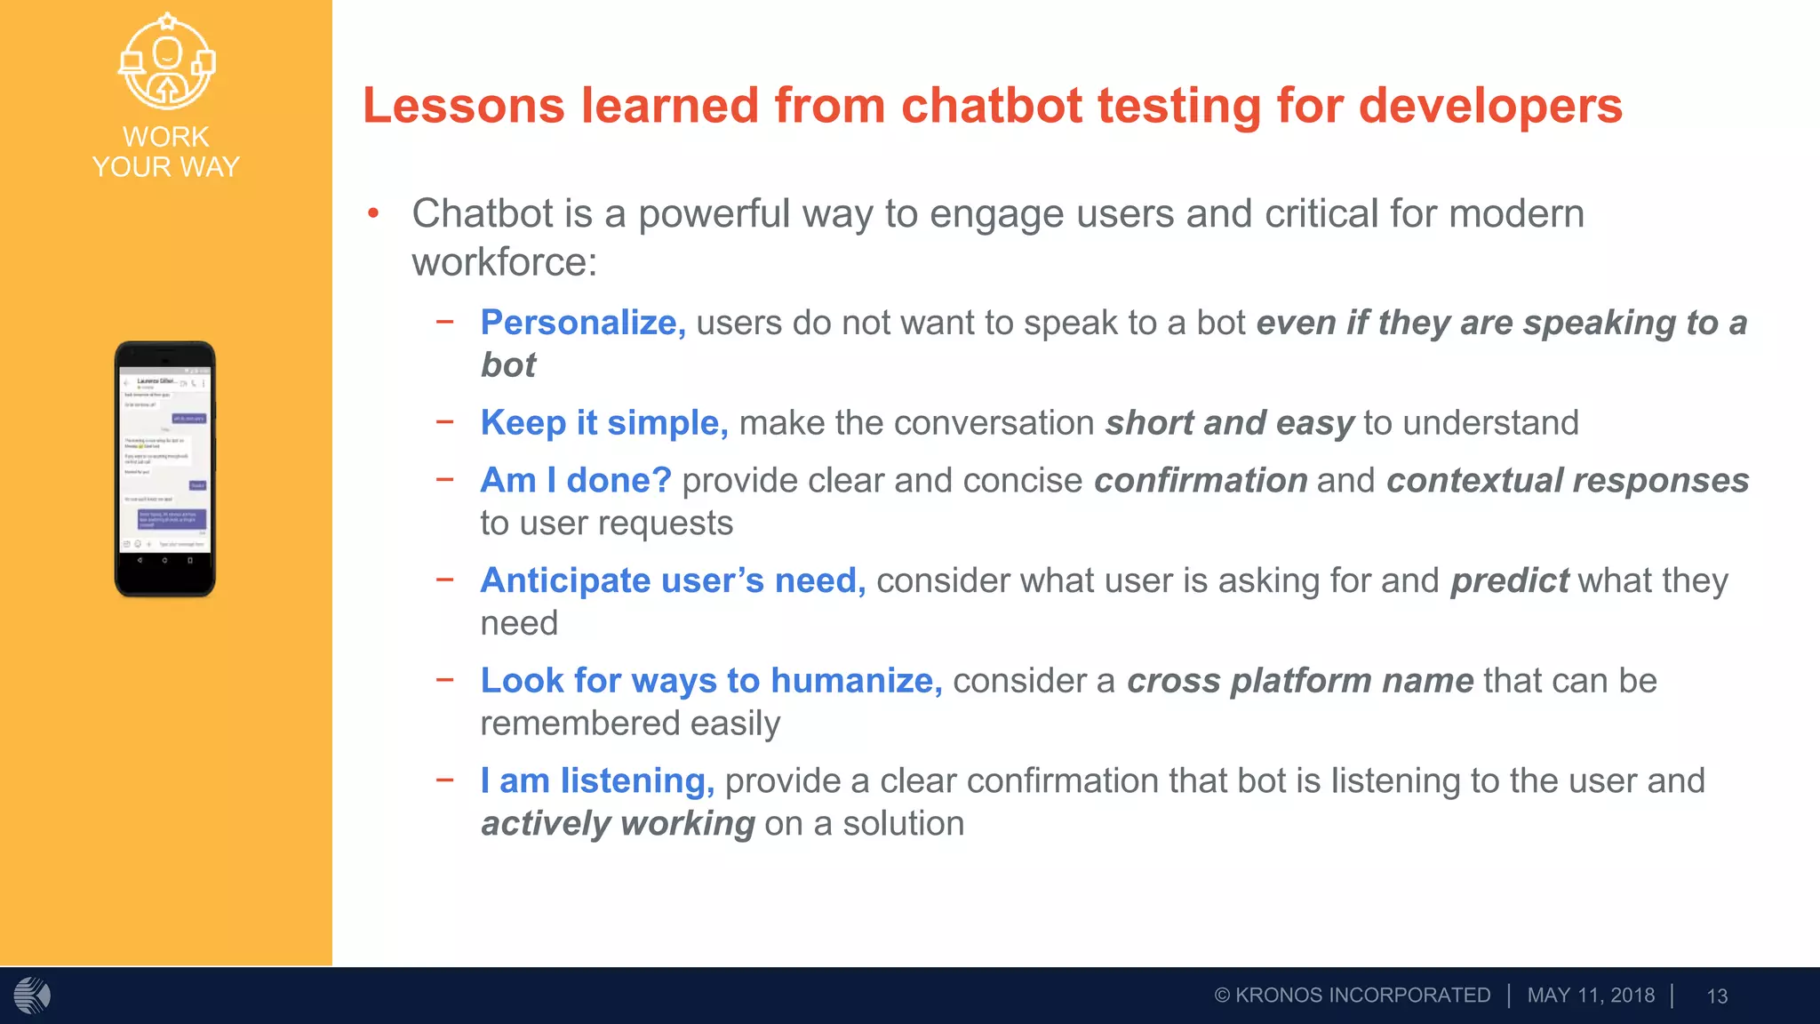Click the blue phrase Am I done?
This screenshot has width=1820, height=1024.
coord(576,481)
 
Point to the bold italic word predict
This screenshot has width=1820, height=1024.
coord(1509,581)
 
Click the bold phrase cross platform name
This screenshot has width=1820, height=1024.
coord(1300,682)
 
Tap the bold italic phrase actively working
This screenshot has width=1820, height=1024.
coord(618,824)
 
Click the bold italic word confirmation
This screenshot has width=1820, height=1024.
coord(1201,481)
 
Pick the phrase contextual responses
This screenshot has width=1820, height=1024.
coord(1568,481)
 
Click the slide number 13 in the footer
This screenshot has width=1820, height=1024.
coord(1717,996)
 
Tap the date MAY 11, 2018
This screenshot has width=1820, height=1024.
coord(1591,996)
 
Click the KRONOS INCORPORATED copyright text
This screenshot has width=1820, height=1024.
coord(1353,996)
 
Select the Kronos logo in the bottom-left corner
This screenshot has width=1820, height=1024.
coord(32,996)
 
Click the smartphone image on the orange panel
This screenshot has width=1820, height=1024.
coord(165,468)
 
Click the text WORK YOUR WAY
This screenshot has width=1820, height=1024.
coord(166,152)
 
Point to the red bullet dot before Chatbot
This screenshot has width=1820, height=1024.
coord(374,213)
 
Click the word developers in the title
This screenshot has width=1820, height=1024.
coord(1490,106)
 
